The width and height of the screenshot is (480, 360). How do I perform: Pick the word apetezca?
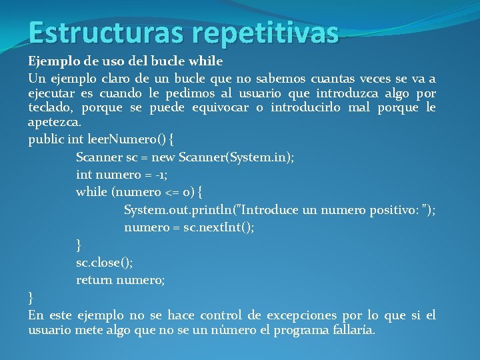coord(54,123)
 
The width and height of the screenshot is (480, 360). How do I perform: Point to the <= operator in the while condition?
coord(171,193)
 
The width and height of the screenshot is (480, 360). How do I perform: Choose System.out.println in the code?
coord(179,210)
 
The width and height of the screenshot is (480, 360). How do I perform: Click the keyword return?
coord(94,280)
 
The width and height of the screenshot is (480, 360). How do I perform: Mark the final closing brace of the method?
coord(31,297)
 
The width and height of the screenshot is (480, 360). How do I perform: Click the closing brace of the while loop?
coord(79,245)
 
